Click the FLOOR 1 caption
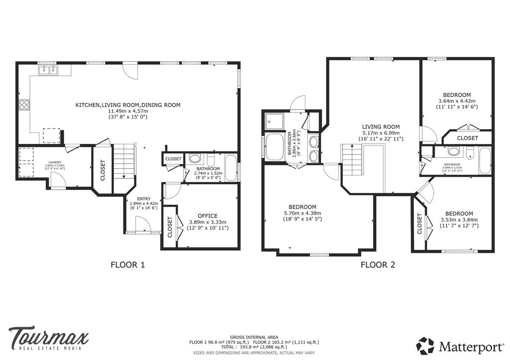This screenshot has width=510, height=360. point(127,265)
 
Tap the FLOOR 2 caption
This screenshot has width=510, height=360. point(378,265)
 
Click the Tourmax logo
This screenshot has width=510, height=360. point(48,338)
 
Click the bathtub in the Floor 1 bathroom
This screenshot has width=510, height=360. point(231,168)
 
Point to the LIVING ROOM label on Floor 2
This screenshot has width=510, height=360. point(381,127)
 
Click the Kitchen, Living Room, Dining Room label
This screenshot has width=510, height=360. point(127,105)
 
